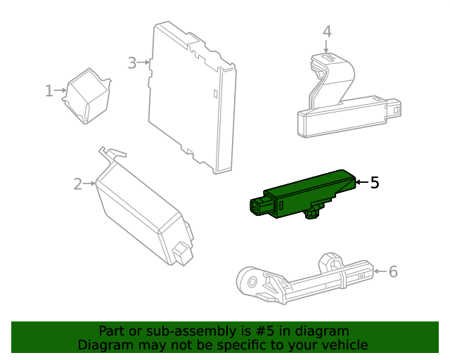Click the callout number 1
click(x=49, y=91)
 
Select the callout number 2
click(x=77, y=184)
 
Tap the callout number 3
click(x=131, y=63)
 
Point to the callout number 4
click(x=327, y=32)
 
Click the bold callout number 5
click(x=374, y=183)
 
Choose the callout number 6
click(x=393, y=271)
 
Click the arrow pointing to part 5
click(x=359, y=183)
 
